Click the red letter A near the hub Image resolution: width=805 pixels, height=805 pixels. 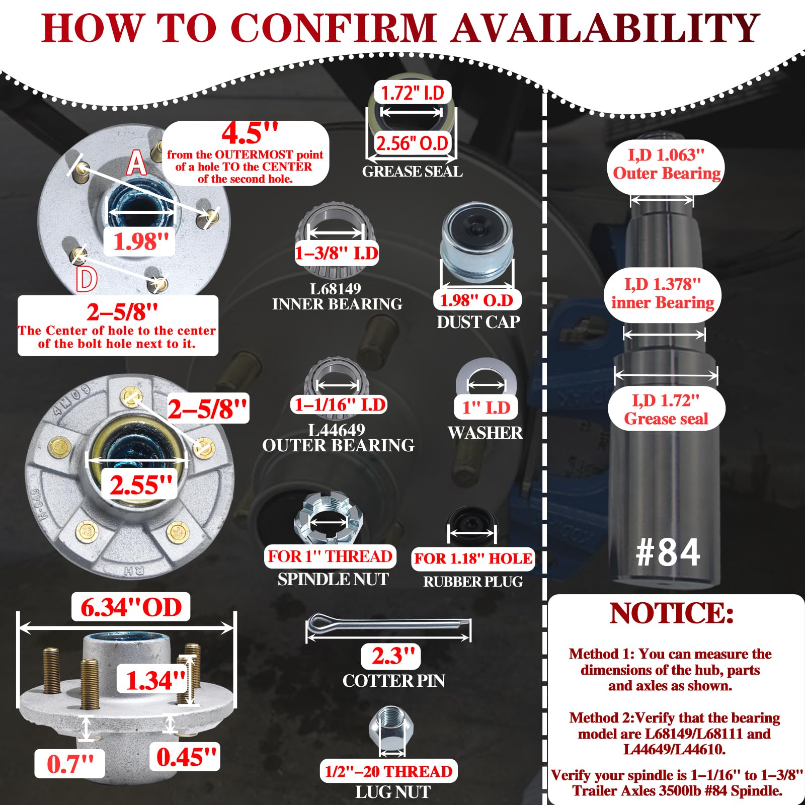[136, 163]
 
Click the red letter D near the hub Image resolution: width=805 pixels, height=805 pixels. [86, 279]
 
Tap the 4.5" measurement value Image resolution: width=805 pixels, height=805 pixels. [250, 133]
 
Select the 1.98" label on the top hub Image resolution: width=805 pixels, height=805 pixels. [140, 242]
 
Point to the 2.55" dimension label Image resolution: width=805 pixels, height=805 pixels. [141, 485]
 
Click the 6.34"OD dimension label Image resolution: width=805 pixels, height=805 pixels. [131, 607]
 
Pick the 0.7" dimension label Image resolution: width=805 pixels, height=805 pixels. [70, 764]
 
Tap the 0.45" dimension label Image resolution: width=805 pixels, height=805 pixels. [186, 757]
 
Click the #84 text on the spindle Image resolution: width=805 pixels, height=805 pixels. [668, 552]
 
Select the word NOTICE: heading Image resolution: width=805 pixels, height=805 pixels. [672, 613]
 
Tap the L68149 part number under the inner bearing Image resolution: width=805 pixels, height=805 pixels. [336, 289]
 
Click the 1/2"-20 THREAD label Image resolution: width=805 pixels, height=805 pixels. [388, 771]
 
